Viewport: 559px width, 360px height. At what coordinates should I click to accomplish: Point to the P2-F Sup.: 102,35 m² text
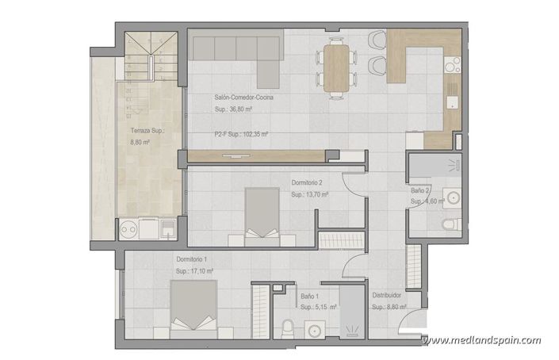[241, 135]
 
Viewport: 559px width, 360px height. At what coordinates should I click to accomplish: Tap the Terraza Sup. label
[147, 132]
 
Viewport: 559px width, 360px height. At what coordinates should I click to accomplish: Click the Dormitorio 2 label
[307, 182]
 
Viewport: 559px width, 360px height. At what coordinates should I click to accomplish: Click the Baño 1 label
[310, 295]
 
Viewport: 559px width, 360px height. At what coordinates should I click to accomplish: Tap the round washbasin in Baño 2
[453, 197]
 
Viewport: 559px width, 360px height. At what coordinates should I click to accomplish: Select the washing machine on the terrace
[128, 231]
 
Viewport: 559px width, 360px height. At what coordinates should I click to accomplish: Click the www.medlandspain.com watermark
[481, 341]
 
